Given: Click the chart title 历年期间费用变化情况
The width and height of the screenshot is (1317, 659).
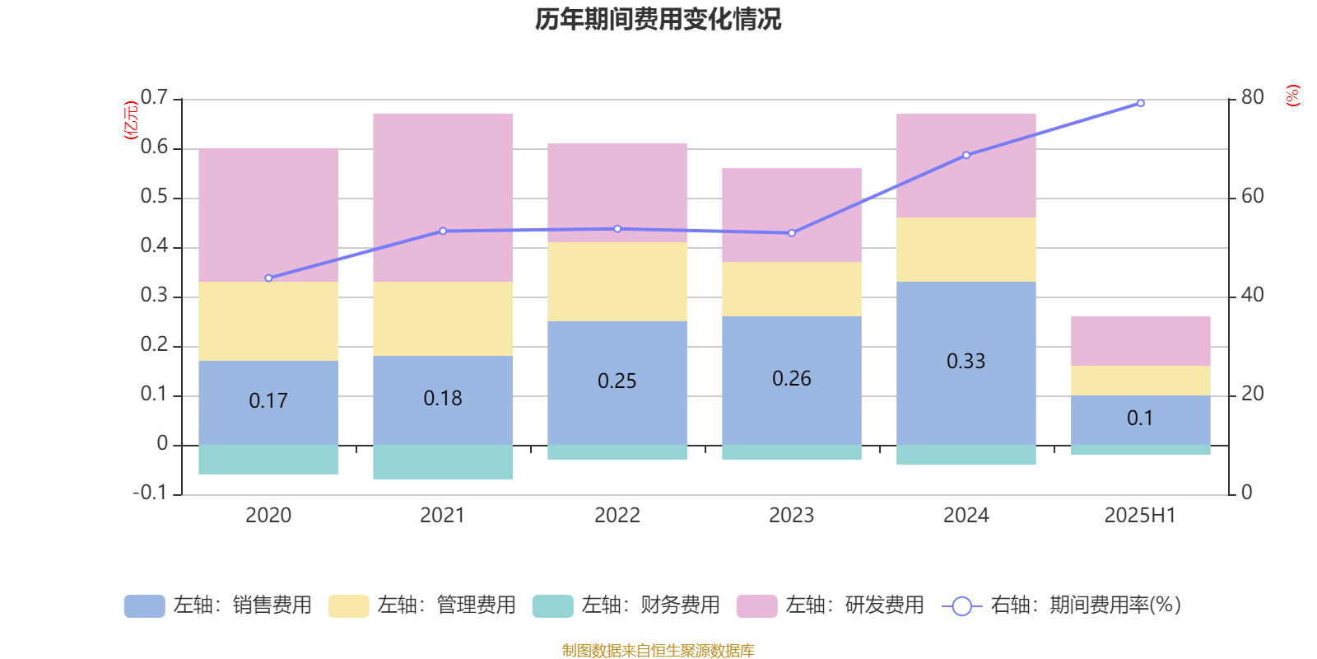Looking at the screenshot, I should [x=658, y=19].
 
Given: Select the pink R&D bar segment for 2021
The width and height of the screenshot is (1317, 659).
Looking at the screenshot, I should [x=443, y=198].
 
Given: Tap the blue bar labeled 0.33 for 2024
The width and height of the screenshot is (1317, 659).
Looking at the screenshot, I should [x=966, y=362].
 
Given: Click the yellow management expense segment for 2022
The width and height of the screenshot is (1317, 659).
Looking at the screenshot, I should [x=617, y=281].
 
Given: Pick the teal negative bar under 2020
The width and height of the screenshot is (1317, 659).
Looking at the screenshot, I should [x=268, y=460].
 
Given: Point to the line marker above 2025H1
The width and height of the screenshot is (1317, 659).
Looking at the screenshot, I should [x=1140, y=104].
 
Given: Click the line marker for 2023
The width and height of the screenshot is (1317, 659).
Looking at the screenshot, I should [x=792, y=233].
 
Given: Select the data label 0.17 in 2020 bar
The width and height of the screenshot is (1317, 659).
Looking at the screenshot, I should [x=268, y=401].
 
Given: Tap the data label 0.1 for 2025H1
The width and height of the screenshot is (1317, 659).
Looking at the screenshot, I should [x=1140, y=418].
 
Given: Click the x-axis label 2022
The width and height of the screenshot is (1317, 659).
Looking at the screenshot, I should [x=617, y=516].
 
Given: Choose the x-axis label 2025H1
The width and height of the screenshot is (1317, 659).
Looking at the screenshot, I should [x=1140, y=516].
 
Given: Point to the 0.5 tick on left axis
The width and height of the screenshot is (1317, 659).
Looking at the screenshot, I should [x=154, y=197].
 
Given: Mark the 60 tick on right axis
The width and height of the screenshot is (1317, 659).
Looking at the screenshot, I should [x=1252, y=197].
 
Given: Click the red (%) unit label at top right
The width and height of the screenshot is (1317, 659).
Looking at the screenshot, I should [x=1292, y=96].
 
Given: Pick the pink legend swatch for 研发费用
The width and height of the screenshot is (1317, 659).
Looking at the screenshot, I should [x=756, y=606].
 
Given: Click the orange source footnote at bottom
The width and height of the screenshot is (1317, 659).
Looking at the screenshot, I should [x=658, y=651].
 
